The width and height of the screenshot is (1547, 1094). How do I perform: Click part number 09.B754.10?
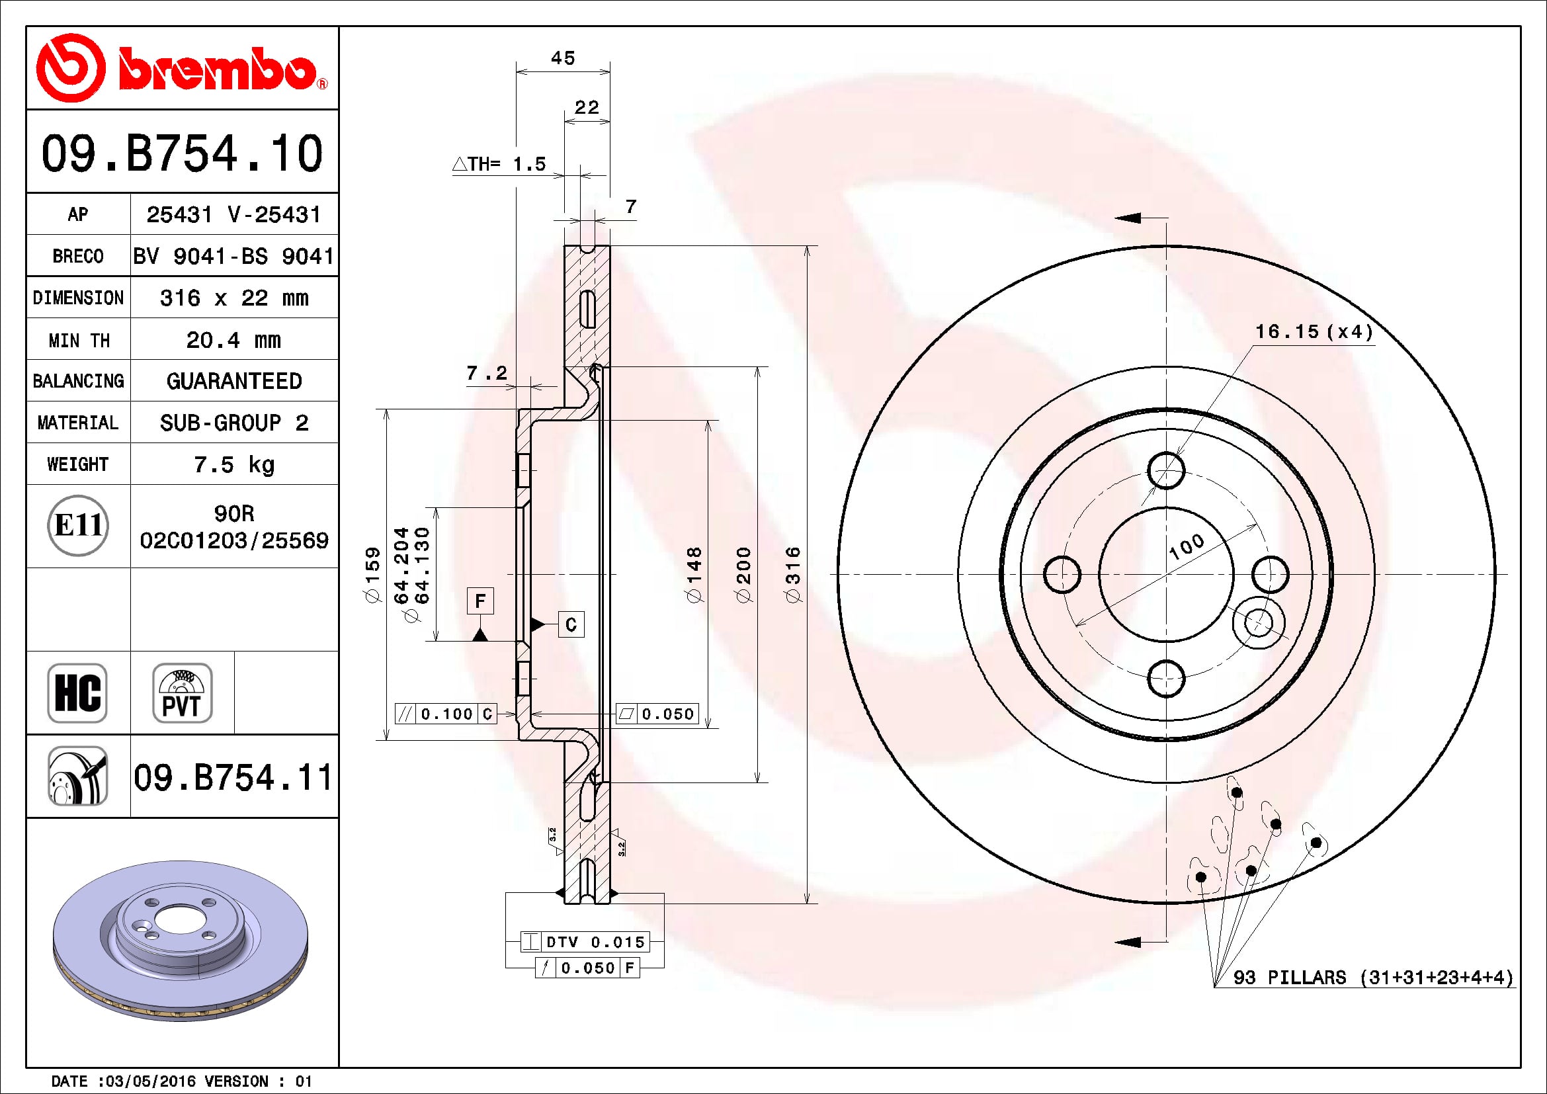point(182,153)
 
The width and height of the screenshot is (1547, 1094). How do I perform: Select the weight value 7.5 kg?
point(233,464)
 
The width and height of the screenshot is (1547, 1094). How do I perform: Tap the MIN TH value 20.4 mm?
point(233,339)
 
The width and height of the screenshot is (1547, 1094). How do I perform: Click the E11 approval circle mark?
point(78,525)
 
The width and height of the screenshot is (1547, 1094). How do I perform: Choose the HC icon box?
point(77,693)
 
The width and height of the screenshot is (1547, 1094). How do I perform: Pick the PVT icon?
point(182,693)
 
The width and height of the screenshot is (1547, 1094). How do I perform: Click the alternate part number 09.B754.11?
point(232,777)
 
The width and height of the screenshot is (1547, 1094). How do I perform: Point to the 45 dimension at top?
point(563,58)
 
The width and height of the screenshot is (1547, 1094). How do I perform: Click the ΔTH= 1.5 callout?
point(499,163)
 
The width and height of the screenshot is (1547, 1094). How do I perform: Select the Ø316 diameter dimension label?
point(793,575)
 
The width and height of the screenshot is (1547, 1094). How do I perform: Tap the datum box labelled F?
point(480,600)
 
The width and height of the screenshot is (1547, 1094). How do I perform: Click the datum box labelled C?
point(571,624)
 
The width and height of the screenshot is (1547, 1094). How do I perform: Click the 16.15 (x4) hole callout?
point(1314,331)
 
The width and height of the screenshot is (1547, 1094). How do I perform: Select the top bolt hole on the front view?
point(1165,470)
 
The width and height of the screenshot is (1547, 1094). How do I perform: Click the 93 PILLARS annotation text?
point(1372,978)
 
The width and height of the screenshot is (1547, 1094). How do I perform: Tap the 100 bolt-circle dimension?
point(1187,547)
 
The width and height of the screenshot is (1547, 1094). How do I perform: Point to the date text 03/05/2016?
point(151,1081)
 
